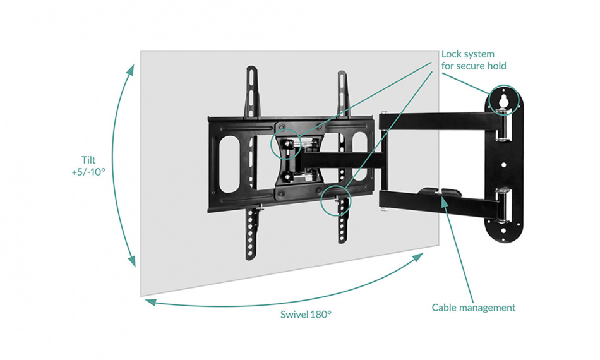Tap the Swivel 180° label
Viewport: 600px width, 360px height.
(x=306, y=314)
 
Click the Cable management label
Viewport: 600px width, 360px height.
(x=473, y=308)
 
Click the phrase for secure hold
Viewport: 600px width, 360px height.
(x=474, y=66)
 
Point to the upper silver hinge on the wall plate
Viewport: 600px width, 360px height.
(x=503, y=126)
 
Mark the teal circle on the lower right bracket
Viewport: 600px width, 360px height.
(x=334, y=201)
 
